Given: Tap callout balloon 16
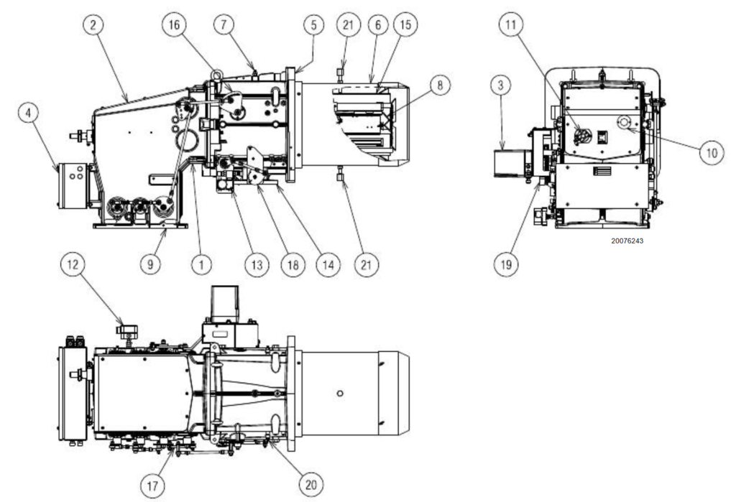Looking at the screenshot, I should click(175, 24).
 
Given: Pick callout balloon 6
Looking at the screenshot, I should click(377, 24).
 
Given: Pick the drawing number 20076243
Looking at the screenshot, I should click(627, 241).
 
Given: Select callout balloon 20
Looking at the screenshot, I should click(310, 485).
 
